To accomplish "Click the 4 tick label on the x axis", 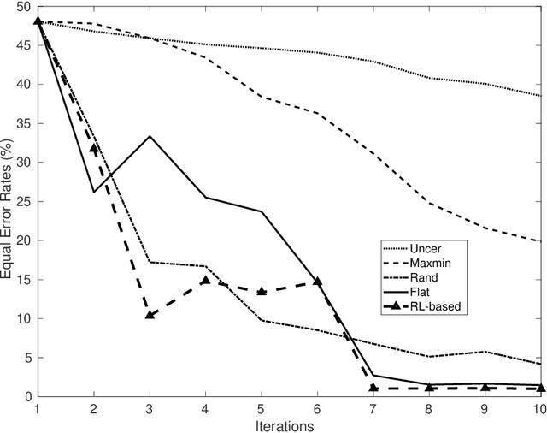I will [205, 409].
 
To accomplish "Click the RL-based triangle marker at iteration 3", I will [150, 315].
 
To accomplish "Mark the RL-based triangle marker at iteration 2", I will [94, 148].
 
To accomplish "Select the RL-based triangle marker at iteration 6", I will [317, 282].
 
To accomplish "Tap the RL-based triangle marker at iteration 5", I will [262, 291].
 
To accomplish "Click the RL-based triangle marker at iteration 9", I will [485, 388].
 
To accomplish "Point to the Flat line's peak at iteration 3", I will [150, 136].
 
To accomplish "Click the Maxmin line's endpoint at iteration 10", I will [540, 241].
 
